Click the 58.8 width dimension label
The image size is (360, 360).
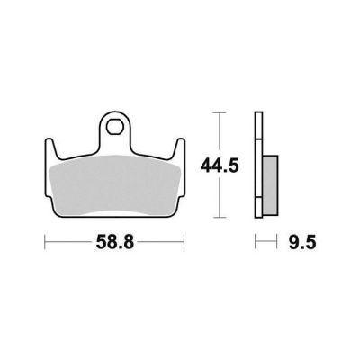(x=115, y=242)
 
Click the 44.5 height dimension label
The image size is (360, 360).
(x=220, y=166)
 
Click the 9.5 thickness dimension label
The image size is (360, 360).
(x=302, y=242)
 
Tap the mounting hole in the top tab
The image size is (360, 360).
(x=115, y=126)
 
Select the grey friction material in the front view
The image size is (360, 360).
(x=115, y=186)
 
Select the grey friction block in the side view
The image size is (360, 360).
(x=270, y=185)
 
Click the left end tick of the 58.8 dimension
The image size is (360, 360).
(x=45, y=242)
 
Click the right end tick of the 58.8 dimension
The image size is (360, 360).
(x=184, y=242)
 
